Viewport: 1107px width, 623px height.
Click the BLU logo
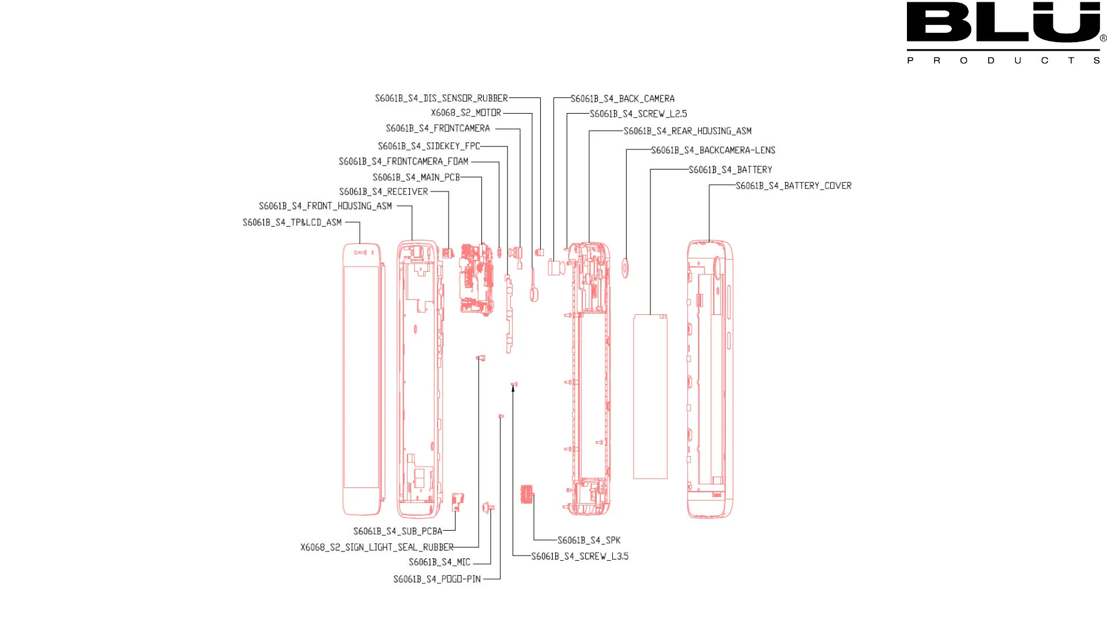(x=1004, y=23)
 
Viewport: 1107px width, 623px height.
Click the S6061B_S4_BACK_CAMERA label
(x=622, y=99)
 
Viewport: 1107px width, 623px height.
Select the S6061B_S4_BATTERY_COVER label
(x=793, y=186)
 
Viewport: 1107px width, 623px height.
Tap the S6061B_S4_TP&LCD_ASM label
(x=292, y=223)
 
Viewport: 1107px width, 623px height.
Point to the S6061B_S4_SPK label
(x=589, y=541)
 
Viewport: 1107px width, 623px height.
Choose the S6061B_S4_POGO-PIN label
(x=436, y=579)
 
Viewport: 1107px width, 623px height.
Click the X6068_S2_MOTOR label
(x=466, y=113)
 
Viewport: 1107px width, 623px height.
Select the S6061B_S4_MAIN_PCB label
(x=416, y=178)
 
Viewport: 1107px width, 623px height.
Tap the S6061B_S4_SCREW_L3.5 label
(x=579, y=557)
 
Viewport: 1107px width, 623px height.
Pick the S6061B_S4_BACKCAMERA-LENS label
(x=713, y=151)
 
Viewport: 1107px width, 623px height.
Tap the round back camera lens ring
(x=625, y=268)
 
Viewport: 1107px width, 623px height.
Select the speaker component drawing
(x=527, y=494)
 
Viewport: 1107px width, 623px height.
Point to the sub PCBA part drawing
(x=457, y=501)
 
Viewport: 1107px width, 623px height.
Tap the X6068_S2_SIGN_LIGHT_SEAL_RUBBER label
(x=376, y=547)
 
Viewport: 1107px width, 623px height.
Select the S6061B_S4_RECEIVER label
(x=383, y=192)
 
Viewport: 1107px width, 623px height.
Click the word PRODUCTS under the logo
(x=1003, y=61)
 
